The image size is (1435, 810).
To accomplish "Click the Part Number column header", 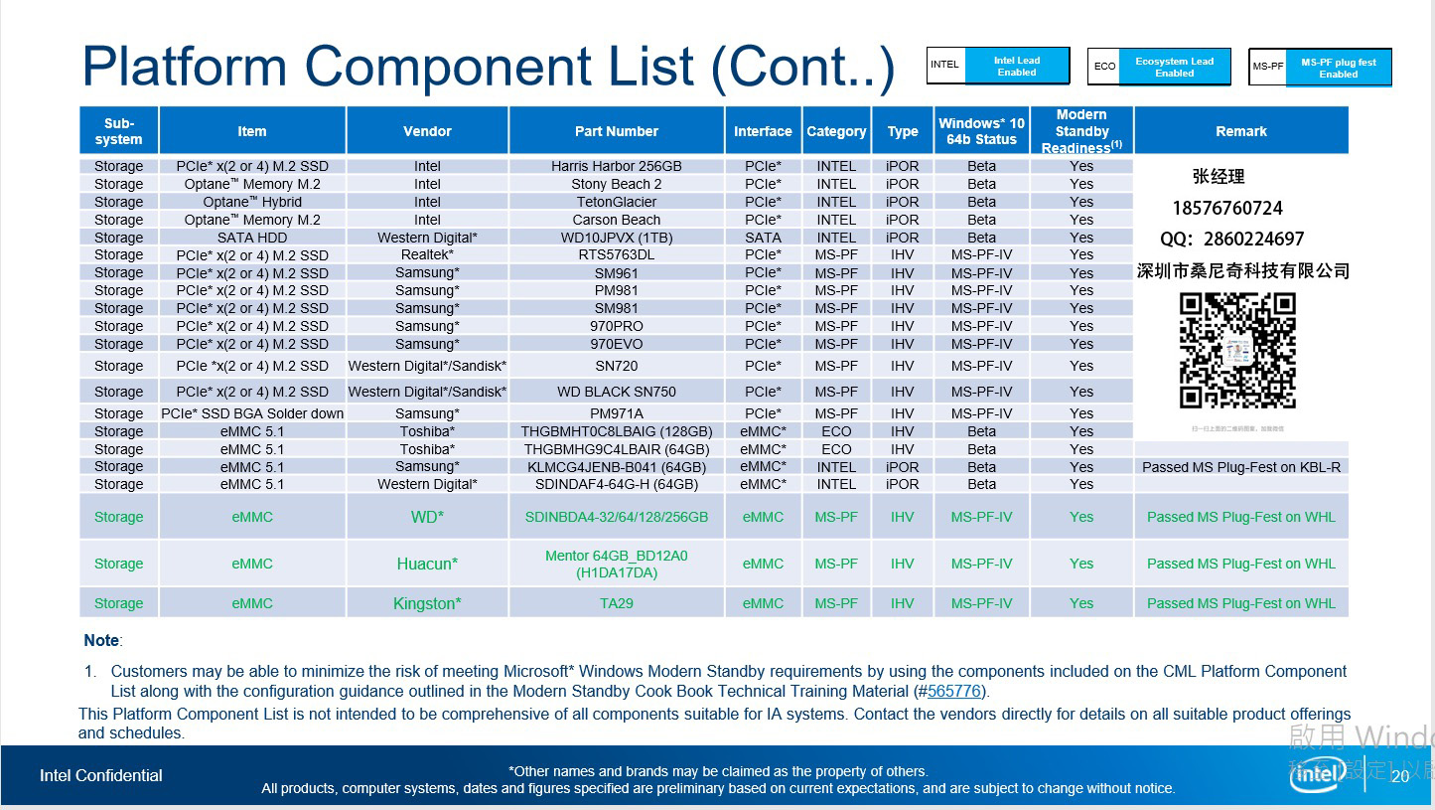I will [616, 131].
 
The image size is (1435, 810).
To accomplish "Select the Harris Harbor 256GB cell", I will [616, 166].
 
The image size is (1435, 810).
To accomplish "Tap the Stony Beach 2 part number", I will [616, 184].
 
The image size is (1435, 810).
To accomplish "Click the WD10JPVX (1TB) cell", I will [616, 238].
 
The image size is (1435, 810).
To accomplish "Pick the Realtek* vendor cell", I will [427, 254].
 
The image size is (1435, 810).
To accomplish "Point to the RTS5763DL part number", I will [616, 254].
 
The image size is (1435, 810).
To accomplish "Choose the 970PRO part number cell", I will [616, 326].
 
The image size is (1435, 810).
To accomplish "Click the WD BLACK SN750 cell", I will [616, 392].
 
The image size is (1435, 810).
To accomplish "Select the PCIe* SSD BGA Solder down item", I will [252, 413].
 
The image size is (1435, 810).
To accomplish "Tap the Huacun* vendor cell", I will [427, 564].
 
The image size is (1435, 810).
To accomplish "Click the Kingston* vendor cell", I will [427, 603].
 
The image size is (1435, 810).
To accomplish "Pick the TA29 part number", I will [616, 603].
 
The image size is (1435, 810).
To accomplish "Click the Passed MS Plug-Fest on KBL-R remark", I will [1240, 467].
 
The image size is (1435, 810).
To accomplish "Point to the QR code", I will [1237, 351].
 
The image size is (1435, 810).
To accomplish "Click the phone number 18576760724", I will [1227, 208].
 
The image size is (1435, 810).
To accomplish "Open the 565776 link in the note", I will [954, 692].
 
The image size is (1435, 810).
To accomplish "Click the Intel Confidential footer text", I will [100, 775].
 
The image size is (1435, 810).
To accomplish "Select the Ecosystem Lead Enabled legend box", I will [1174, 67].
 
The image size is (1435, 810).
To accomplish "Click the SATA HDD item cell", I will [252, 238].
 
